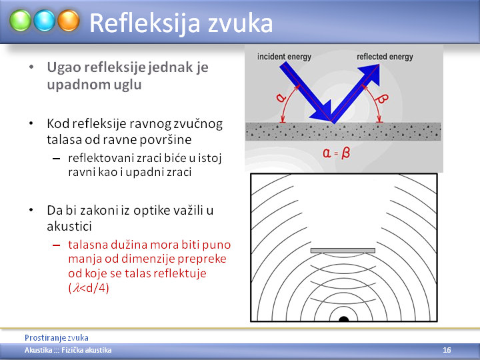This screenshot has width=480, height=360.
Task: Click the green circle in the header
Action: (x=20, y=21)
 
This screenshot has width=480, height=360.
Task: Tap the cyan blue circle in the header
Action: (x=45, y=21)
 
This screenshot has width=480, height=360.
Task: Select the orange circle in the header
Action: (x=69, y=21)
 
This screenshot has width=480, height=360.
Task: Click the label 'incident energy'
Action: (x=284, y=57)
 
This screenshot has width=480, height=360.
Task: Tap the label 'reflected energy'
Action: (x=385, y=57)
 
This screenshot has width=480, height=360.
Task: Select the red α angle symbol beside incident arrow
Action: (x=281, y=97)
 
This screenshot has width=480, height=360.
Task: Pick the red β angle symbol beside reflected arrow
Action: (x=382, y=99)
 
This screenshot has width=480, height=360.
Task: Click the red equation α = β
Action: (x=336, y=153)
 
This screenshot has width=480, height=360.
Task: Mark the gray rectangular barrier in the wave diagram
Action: (x=343, y=251)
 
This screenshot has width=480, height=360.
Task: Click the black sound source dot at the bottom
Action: (x=344, y=319)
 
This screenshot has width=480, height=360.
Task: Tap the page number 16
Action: (x=447, y=350)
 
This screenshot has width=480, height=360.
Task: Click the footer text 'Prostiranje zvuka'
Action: (x=57, y=337)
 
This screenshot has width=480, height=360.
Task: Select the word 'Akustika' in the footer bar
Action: (x=38, y=350)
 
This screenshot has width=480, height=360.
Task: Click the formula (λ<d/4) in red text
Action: (x=89, y=288)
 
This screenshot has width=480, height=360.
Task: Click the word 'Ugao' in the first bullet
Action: (x=64, y=68)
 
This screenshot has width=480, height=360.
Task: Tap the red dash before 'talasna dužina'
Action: (x=56, y=245)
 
